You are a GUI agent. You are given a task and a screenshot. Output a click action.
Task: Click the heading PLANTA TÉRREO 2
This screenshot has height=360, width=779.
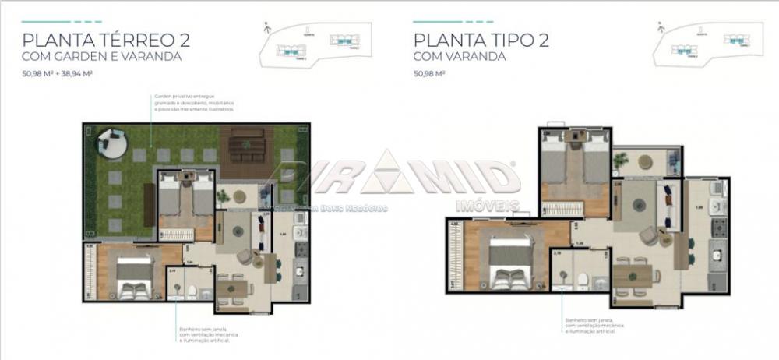[106, 40]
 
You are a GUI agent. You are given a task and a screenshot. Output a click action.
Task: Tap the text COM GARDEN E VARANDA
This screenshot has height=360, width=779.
[102, 57]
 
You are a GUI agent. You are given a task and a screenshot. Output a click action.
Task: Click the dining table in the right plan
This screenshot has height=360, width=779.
[632, 275]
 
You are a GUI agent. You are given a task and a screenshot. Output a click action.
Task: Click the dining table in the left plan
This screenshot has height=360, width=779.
[232, 289]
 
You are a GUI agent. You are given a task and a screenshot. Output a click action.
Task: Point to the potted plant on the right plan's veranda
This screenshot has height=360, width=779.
[621, 161]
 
